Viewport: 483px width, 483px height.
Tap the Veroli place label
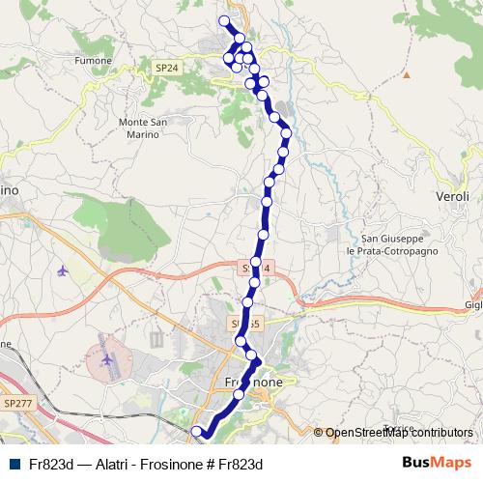[x=452, y=196]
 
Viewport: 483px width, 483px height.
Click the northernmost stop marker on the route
[x=225, y=21]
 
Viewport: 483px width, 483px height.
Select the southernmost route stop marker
[x=196, y=431]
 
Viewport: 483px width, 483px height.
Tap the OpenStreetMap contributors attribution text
[x=399, y=433]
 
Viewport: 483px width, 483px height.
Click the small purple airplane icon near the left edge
[x=64, y=270]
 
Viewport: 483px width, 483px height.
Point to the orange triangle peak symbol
[x=408, y=73]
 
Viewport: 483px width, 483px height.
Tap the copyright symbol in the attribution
[x=319, y=433]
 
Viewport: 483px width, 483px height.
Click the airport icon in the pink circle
[x=106, y=361]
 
